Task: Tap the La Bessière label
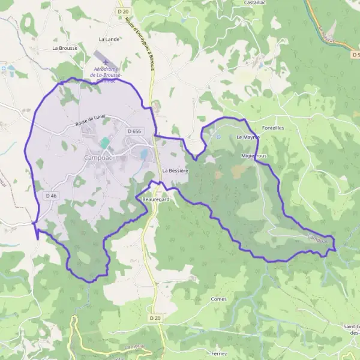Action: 175,171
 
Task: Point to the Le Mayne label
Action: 247,137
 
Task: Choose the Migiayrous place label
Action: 254,155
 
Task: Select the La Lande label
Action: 109,38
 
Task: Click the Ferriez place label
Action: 219,354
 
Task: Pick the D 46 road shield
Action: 51,196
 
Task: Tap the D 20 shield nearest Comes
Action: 155,317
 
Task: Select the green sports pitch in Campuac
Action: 104,143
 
